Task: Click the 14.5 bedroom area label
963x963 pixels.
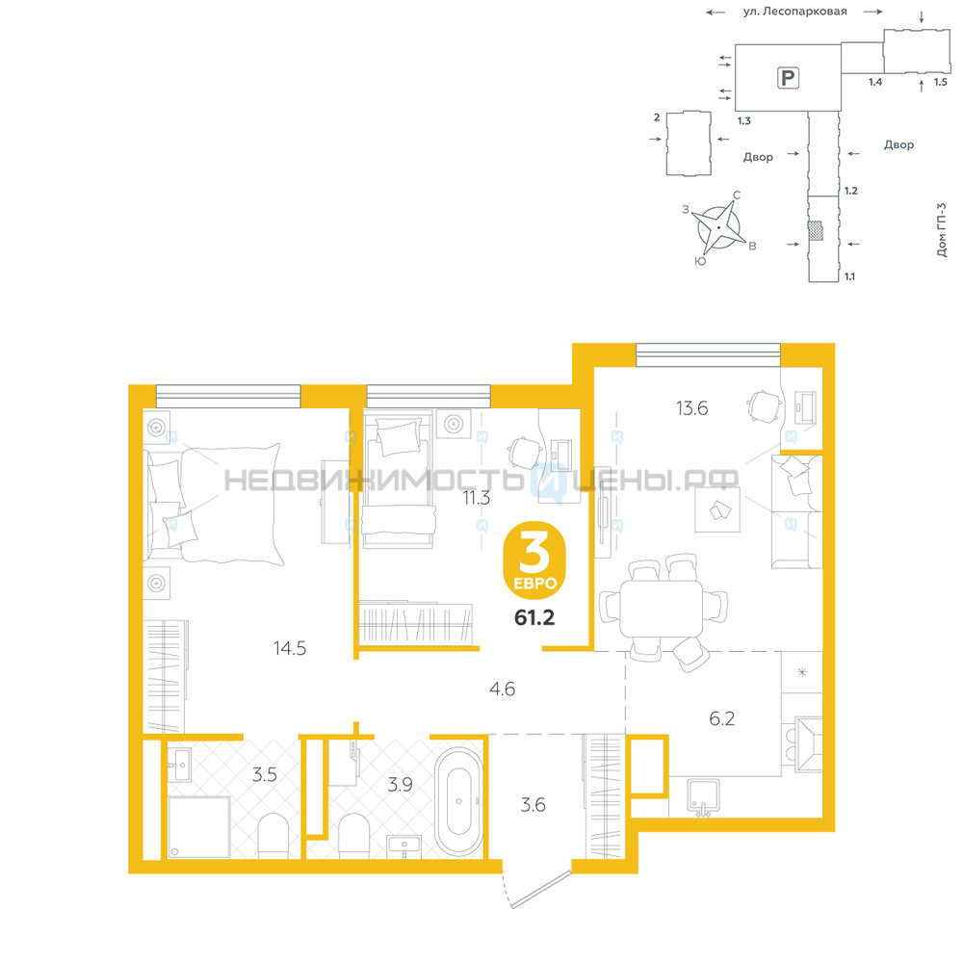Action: pos(290,648)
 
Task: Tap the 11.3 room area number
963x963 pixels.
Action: pos(477,498)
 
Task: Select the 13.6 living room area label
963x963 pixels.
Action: pos(692,407)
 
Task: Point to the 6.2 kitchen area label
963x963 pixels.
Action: pos(721,718)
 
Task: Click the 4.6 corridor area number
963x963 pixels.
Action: pos(502,690)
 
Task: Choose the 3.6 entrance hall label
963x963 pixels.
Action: pos(534,804)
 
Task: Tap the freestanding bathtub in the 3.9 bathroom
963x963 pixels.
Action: pos(458,801)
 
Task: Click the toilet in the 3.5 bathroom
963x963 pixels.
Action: pos(273,836)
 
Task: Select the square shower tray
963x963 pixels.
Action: pos(199,827)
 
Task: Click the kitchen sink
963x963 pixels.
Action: pos(704,797)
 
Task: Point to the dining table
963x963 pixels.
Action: pos(661,609)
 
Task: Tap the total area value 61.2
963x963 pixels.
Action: pos(534,617)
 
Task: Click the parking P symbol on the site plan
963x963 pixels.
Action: pos(788,78)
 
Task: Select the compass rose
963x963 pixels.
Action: pos(717,226)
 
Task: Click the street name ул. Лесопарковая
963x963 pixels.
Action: pos(794,12)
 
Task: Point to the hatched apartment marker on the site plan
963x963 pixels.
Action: pos(815,230)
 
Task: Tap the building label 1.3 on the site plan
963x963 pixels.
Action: pos(744,121)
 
